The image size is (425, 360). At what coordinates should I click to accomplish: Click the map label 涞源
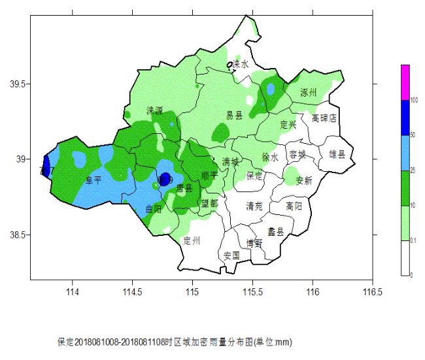point(155,110)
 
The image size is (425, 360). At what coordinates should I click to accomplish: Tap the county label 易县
point(234,116)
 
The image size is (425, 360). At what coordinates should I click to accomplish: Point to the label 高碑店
point(324,118)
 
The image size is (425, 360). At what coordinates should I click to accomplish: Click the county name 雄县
point(338,154)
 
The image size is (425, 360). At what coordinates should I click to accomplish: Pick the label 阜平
point(93,180)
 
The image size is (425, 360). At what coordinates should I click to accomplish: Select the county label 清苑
point(254,206)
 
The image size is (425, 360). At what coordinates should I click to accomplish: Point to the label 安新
point(304,180)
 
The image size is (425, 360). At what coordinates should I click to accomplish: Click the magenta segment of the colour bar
point(405,82)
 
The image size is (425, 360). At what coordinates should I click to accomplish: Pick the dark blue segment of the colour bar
point(405,118)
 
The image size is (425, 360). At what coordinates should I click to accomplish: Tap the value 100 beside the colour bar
point(414,100)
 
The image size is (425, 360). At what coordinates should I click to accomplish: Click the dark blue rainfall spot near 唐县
point(165,178)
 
